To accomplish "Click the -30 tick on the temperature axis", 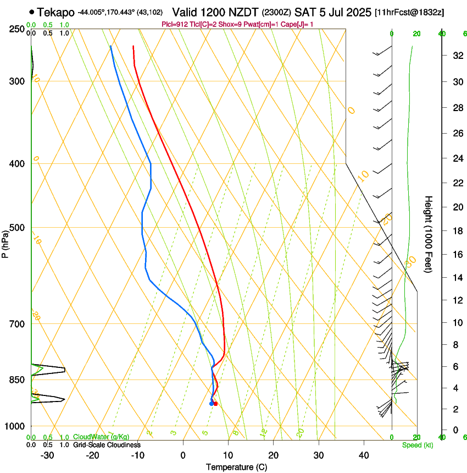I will (x=48, y=455).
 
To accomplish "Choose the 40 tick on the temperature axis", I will (x=364, y=455).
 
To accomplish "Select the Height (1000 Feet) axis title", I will (x=429, y=234).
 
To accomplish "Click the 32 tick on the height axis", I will (x=455, y=56).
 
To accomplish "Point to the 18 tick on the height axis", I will (x=455, y=231).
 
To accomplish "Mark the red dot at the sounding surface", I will (x=215, y=404).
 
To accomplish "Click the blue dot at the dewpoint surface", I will (x=212, y=404).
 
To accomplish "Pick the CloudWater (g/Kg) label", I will (x=101, y=437).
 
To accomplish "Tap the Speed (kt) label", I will (x=417, y=445).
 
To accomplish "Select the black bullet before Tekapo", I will (x=32, y=12).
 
